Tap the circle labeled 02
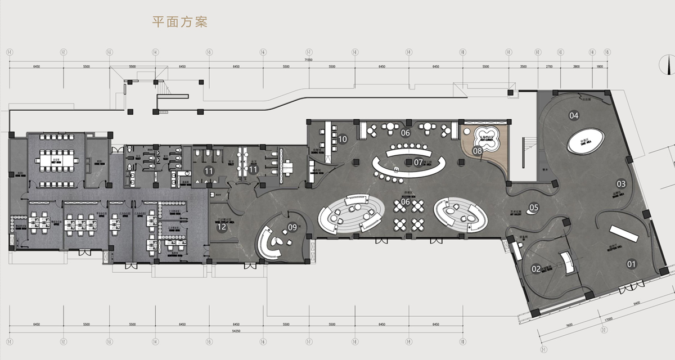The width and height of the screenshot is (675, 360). [536, 269]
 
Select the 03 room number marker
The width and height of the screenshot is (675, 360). [621, 183]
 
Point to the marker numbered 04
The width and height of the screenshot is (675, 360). [574, 116]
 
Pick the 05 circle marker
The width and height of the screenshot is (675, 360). [534, 207]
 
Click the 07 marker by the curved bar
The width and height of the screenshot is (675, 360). [418, 162]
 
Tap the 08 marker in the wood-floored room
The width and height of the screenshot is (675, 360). [477, 150]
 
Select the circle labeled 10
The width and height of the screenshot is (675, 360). [343, 138]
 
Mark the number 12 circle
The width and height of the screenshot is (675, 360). [222, 227]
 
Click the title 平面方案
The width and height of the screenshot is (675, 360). [180, 22]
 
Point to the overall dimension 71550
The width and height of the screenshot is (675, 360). [308, 58]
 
